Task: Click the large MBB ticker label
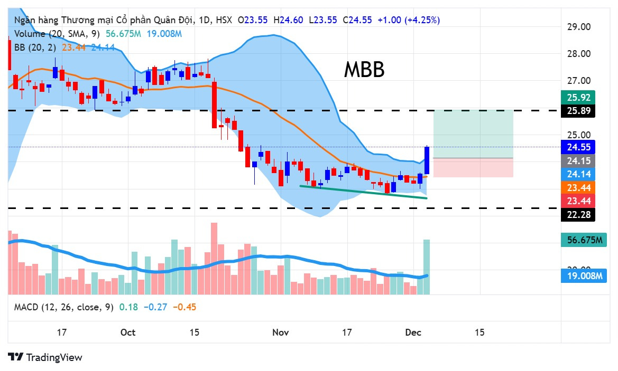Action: pyautogui.click(x=364, y=70)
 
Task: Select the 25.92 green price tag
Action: pyautogui.click(x=577, y=98)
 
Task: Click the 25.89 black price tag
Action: pyautogui.click(x=577, y=111)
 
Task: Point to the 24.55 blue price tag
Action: pyautogui.click(x=577, y=147)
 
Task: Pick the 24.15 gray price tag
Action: pyautogui.click(x=577, y=160)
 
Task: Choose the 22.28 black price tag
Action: pyautogui.click(x=577, y=214)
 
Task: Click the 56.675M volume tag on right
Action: pyautogui.click(x=581, y=241)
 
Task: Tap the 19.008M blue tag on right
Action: pyautogui.click(x=581, y=275)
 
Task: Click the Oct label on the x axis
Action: pyautogui.click(x=128, y=332)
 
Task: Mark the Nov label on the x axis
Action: pyautogui.click(x=281, y=332)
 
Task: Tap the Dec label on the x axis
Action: pyautogui.click(x=412, y=332)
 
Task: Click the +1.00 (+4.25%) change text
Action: pyautogui.click(x=407, y=20)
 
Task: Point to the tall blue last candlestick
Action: pyautogui.click(x=427, y=160)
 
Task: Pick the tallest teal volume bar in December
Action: pyautogui.click(x=427, y=267)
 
